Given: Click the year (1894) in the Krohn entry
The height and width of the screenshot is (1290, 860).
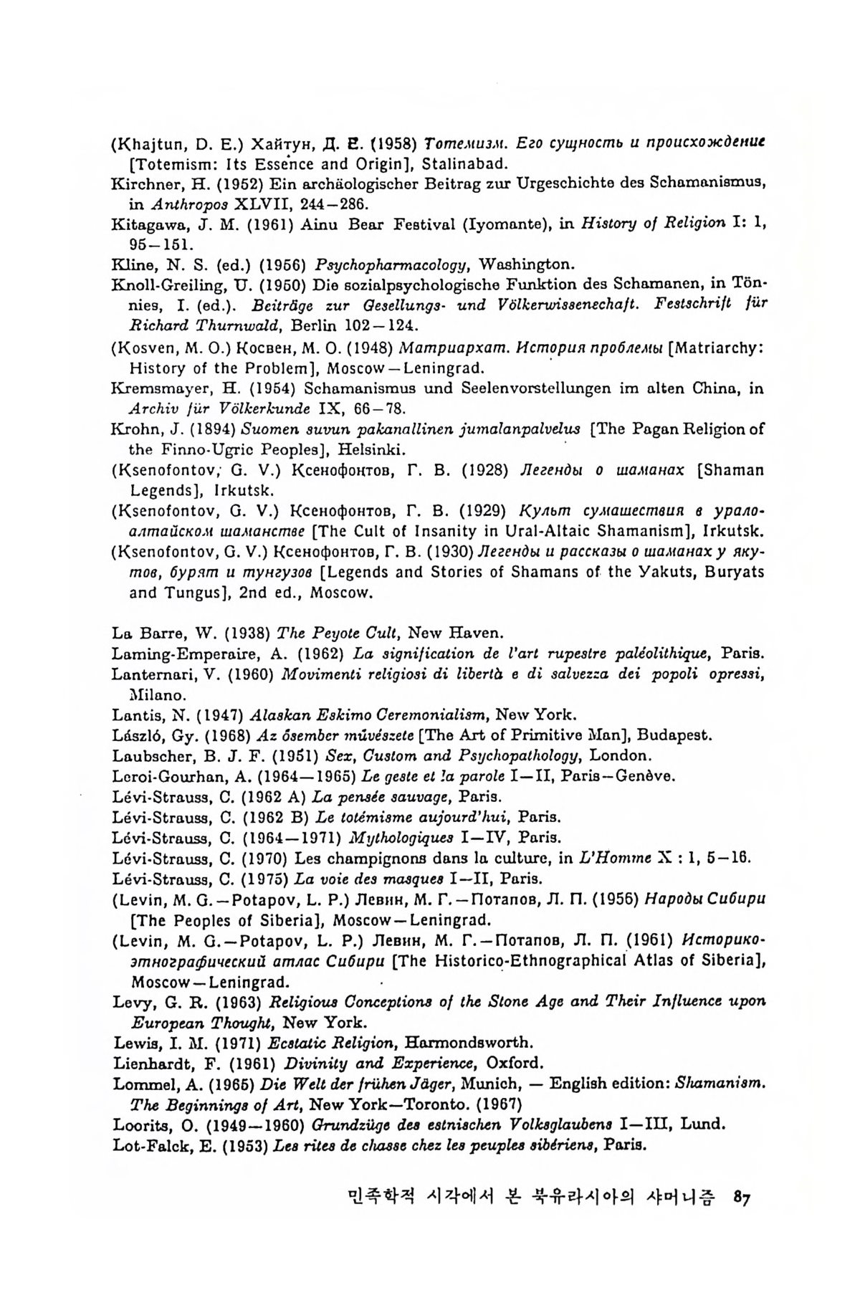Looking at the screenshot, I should pyautogui.click(x=212, y=430).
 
